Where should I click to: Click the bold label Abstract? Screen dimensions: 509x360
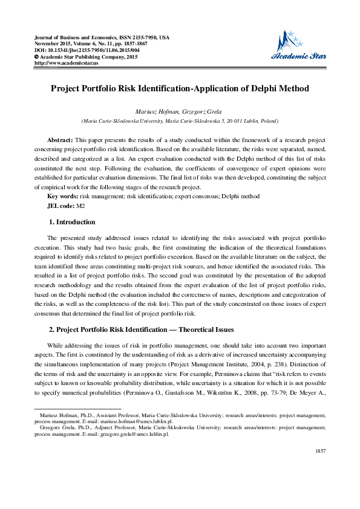[x=61, y=140]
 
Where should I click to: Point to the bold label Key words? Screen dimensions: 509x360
[x=62, y=196]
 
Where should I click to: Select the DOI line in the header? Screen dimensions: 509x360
[x=84, y=50]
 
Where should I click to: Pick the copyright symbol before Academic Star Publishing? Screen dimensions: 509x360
[x=37, y=57]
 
